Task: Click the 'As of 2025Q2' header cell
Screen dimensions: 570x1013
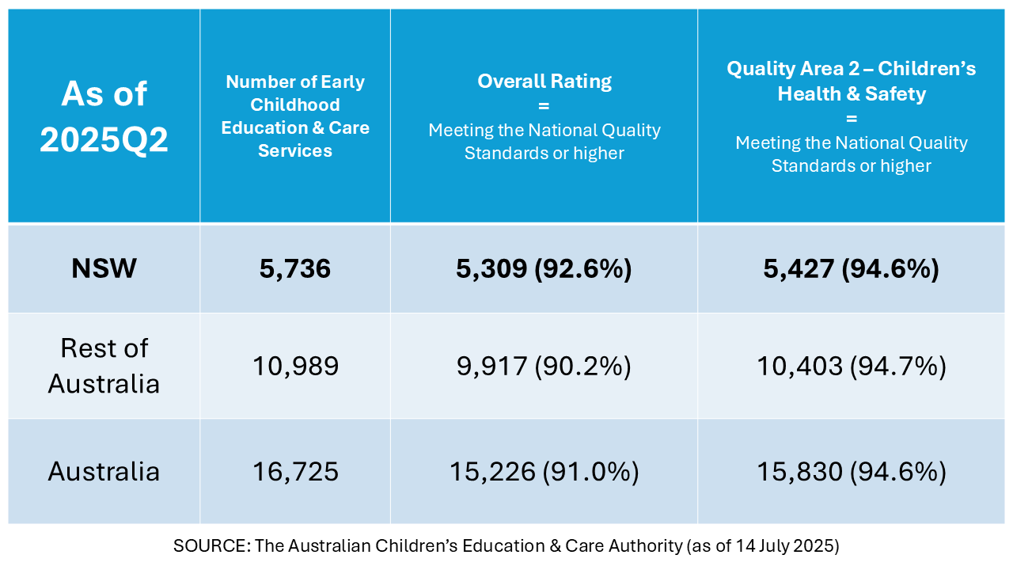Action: pos(104,116)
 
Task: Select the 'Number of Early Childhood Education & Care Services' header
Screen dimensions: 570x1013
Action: pos(295,116)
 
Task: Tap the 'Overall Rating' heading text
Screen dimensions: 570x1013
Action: pos(544,81)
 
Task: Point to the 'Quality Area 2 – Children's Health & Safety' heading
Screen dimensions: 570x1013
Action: pos(852,81)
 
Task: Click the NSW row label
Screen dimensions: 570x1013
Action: pos(104,268)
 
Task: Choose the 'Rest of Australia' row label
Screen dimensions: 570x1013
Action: pos(104,366)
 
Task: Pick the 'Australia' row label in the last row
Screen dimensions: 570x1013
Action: pos(104,471)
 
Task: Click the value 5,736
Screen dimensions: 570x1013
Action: pos(295,269)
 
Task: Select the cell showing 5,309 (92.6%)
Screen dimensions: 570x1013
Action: pos(544,269)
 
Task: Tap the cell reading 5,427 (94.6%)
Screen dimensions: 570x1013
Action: pos(852,269)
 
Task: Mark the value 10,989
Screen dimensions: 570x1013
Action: pos(295,366)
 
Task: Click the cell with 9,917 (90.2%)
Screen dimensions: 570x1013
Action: pos(544,366)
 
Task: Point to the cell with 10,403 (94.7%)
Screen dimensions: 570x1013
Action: pos(852,366)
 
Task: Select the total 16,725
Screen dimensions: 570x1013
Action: pos(295,472)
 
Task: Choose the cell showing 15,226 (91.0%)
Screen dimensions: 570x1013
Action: pos(544,472)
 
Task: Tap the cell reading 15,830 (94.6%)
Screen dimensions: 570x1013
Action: pos(852,472)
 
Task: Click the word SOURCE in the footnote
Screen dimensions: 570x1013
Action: pos(201,545)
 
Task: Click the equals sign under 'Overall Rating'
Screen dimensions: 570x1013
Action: pos(544,105)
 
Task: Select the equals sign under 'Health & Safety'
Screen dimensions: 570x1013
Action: pos(852,119)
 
